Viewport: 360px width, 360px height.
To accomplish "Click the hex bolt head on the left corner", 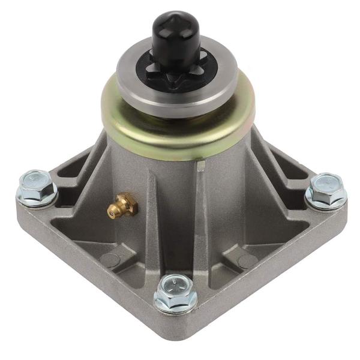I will point(37,181).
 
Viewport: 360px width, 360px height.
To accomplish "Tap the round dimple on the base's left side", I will point(110,260).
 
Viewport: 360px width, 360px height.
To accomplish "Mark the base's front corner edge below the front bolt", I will point(174,336).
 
